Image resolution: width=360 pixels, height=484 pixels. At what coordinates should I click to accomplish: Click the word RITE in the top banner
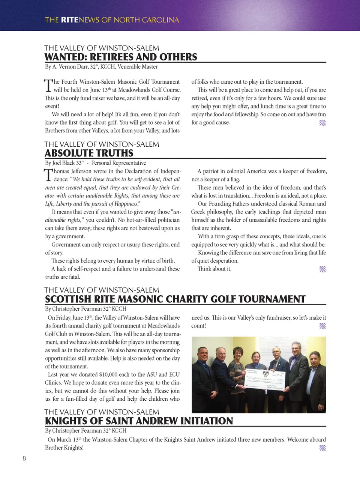coord(69,20)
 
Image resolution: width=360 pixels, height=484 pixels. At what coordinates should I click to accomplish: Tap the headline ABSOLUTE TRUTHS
coord(89,153)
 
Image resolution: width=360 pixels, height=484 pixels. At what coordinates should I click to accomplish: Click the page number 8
coord(24,458)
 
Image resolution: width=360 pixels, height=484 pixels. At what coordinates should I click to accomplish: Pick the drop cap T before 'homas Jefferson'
coord(48,175)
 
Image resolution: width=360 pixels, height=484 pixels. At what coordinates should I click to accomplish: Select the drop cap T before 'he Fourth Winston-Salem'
coord(48,86)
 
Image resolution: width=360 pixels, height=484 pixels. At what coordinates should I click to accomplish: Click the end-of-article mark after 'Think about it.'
coord(322,269)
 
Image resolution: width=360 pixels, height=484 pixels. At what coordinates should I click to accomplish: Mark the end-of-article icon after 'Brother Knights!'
coord(322,448)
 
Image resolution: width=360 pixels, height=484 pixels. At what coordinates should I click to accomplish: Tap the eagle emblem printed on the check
coord(265,374)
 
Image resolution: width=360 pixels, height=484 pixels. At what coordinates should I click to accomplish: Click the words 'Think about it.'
coord(214,269)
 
